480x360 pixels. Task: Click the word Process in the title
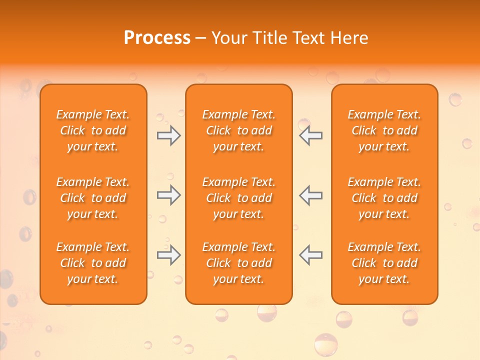157,38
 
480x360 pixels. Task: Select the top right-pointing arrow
168,135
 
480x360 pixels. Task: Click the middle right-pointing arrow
168,195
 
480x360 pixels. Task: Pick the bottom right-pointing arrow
168,255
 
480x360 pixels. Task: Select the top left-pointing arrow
310,135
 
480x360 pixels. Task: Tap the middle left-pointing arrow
310,195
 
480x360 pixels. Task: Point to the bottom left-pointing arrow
310,255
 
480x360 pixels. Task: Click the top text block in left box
93,130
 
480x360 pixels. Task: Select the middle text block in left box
93,198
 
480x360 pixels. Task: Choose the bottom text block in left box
93,263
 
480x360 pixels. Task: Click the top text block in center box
238,130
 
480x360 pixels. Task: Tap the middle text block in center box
238,198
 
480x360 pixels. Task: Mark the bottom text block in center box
238,263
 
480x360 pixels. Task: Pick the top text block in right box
384,130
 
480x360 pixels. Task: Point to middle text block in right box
384,198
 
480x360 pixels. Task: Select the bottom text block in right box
384,263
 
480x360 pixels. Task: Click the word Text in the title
309,38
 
